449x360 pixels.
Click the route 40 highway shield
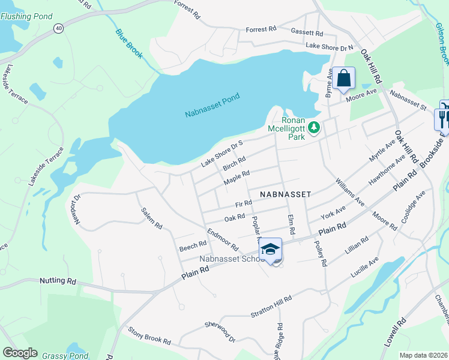point(58,28)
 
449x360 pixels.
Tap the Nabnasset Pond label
point(212,104)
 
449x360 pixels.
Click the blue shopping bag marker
point(344,78)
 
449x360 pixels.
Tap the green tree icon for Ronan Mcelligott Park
point(313,128)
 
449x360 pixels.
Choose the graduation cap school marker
point(271,249)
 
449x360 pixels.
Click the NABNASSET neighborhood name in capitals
point(285,194)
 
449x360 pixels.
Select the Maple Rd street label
point(236,177)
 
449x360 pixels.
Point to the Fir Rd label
point(243,205)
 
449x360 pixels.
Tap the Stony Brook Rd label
point(149,336)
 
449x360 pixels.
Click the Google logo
point(20,353)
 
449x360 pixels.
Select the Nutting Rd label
point(58,280)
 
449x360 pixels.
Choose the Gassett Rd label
point(307,32)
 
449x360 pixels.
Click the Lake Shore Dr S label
point(221,153)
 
